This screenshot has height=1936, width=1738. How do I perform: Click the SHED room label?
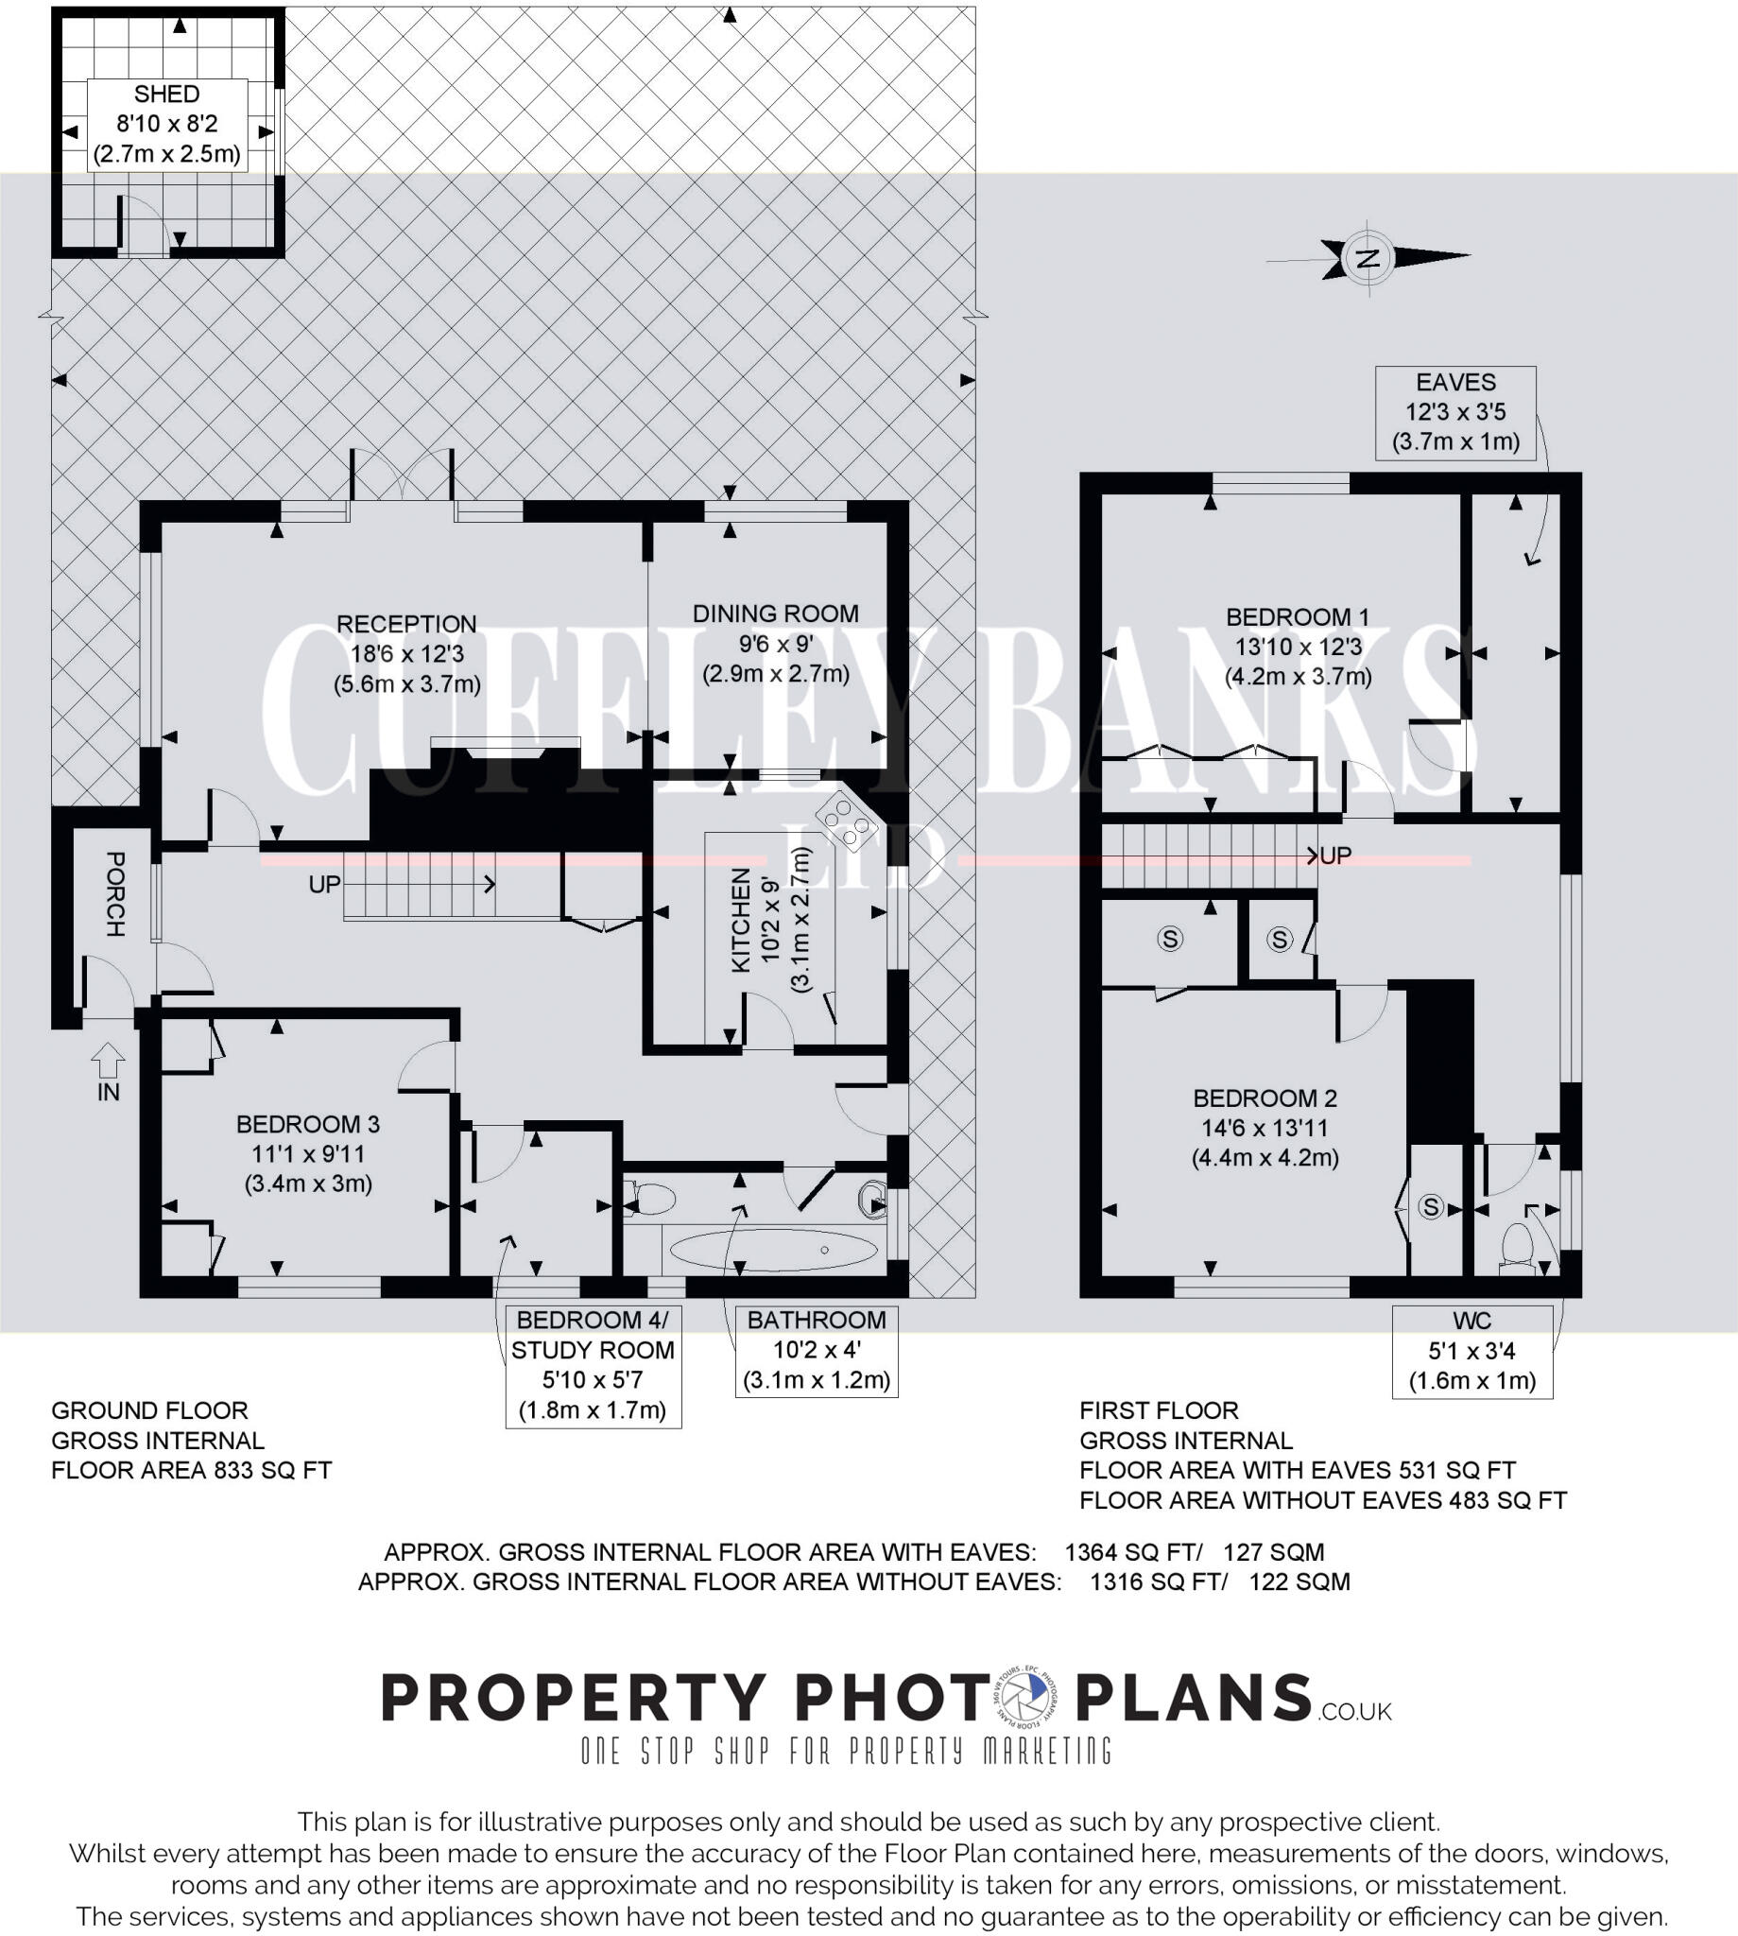[x=166, y=95]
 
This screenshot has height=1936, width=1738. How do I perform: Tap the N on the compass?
[x=1368, y=257]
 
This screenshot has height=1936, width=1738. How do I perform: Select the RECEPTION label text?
[x=405, y=624]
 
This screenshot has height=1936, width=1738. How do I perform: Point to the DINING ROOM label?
[x=775, y=614]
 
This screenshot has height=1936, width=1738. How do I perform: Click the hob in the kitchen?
[x=845, y=820]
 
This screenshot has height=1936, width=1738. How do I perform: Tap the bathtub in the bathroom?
[x=773, y=1250]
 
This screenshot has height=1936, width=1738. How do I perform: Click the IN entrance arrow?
[x=108, y=1060]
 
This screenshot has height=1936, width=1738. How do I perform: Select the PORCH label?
[x=114, y=894]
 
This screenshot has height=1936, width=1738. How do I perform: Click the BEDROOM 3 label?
[x=307, y=1124]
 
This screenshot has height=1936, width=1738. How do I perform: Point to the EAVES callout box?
[x=1455, y=412]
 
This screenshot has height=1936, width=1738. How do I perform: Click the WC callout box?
[x=1471, y=1351]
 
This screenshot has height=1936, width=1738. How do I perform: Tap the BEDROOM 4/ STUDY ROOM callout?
[x=593, y=1365]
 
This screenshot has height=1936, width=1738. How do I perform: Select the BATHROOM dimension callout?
[x=817, y=1350]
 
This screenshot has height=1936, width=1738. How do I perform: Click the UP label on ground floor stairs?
[x=325, y=885]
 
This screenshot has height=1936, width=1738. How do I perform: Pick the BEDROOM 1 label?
[x=1298, y=617]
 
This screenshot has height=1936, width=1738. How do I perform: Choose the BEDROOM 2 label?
[x=1265, y=1098]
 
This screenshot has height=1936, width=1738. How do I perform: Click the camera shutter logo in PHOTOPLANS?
[x=1024, y=1697]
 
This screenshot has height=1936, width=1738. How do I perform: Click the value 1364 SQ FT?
[x=1132, y=1552]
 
